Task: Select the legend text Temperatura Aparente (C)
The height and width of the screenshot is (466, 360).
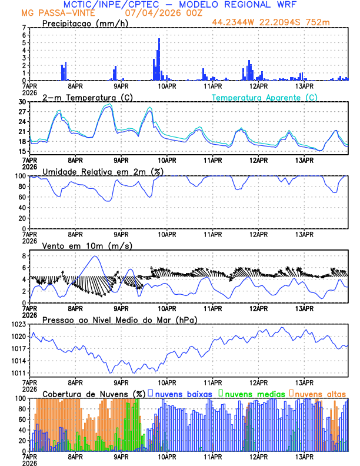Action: pos(264,97)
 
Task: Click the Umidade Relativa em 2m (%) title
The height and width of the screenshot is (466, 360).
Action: pos(102,171)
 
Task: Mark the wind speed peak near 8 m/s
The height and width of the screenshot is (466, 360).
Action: pos(94,256)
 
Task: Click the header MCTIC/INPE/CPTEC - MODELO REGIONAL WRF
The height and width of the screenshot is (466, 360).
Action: pos(180,4)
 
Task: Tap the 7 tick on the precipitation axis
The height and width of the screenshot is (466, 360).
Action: pos(24,28)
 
